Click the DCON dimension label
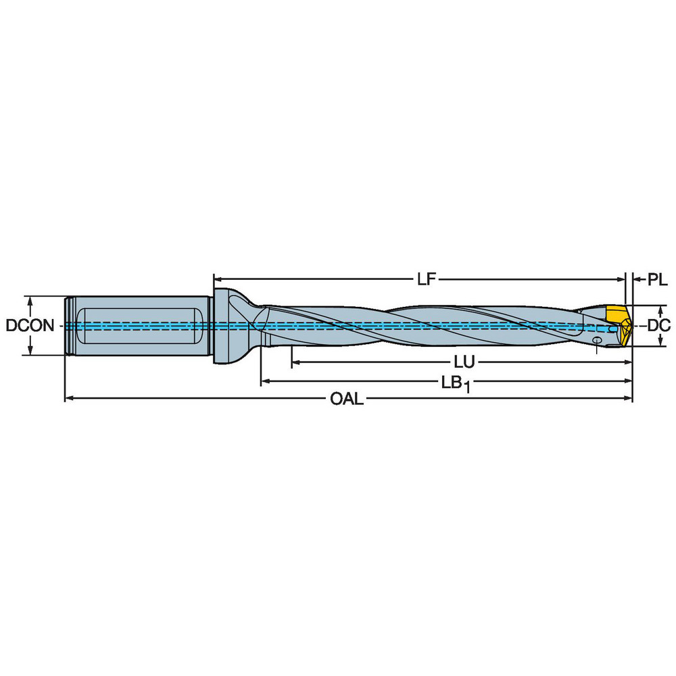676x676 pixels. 30,325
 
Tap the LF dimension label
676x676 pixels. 424,279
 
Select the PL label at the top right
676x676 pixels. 657,279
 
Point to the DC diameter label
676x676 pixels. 657,325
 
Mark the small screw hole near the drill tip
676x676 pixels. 598,339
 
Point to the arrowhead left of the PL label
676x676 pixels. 637,278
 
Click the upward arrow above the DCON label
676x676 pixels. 30,300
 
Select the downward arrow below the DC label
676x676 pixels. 657,341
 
